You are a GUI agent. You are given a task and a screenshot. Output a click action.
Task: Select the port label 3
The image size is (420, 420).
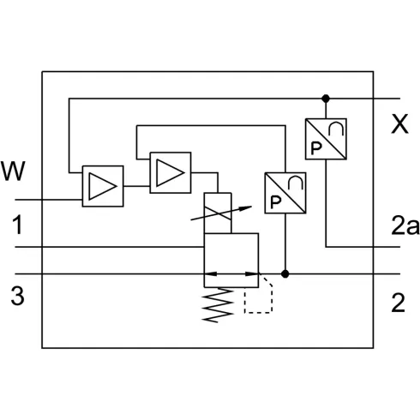pos(16,297)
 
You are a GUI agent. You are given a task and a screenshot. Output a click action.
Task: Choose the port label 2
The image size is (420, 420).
pos(397,302)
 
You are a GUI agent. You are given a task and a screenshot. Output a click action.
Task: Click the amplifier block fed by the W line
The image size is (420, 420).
pos(103,185)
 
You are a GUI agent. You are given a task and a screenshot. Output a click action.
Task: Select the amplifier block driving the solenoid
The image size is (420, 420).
pos(171,172)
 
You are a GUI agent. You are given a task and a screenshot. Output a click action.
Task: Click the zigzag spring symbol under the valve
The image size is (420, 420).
pos(218,304)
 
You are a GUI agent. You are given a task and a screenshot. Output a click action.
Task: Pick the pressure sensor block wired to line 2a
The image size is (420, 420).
pos(325,138)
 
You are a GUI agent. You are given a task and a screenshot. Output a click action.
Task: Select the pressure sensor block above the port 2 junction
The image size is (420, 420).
pos(284,193)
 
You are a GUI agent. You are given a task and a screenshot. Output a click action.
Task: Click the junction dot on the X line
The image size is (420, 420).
pos(325,98)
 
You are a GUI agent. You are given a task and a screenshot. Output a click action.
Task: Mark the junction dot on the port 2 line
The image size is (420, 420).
pos(285,275)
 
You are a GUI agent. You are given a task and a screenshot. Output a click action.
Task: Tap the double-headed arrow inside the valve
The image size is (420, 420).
pos(231,275)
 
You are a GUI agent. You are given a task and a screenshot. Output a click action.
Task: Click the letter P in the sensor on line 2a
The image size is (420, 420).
pos(316,147)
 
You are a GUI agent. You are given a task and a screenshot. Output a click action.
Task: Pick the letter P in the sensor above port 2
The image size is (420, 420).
pos(275,202)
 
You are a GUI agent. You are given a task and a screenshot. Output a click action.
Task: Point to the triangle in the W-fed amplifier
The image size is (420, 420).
pos(103,185)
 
